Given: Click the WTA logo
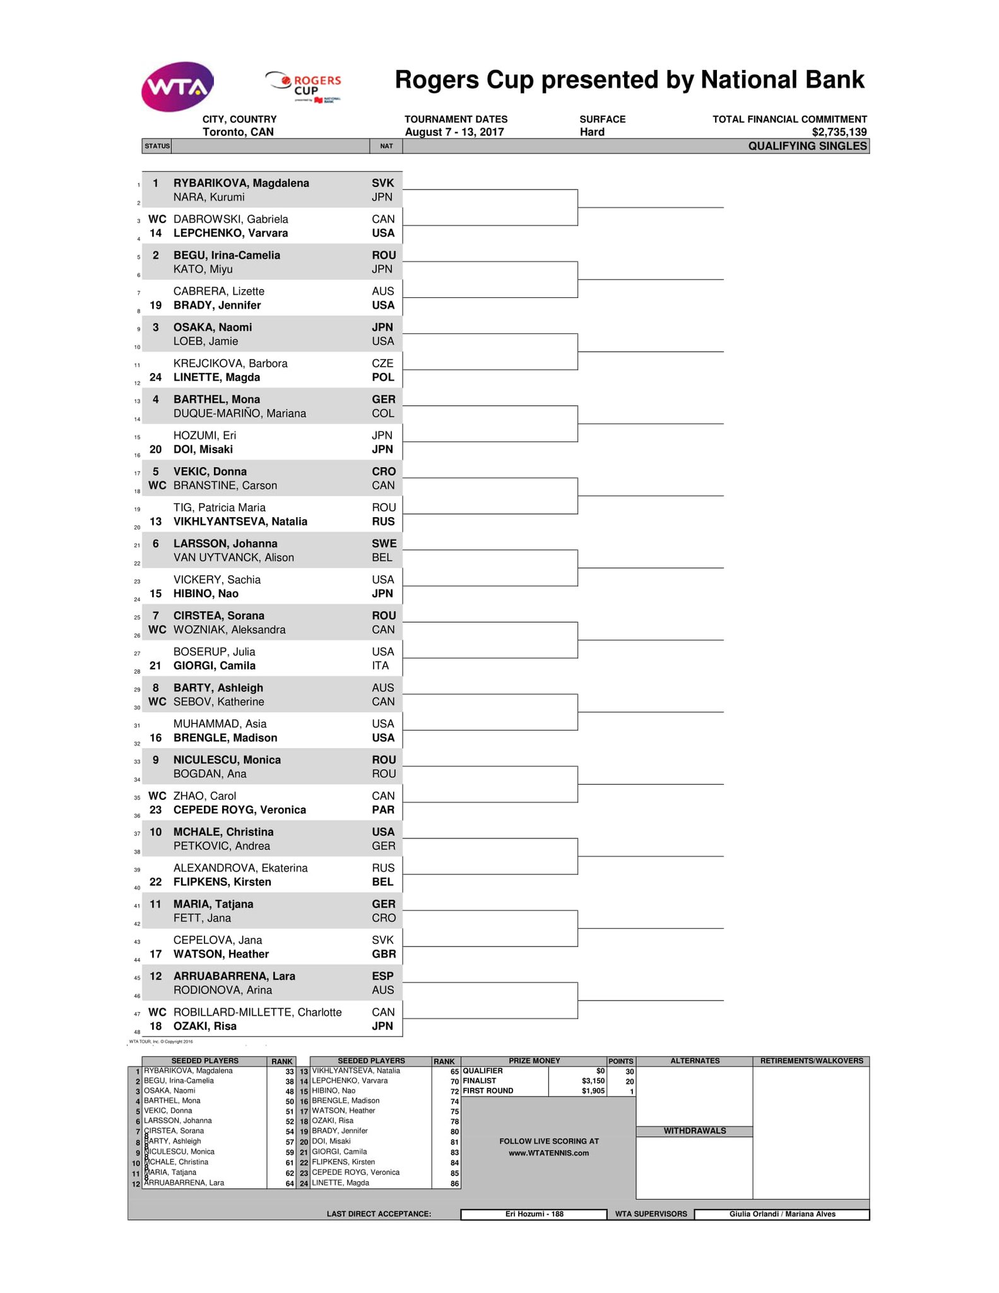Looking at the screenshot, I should tap(177, 86).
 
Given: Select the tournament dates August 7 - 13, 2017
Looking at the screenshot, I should tap(454, 132).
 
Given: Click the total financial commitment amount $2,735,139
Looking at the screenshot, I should tap(839, 132).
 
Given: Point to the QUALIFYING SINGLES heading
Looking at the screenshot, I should tap(807, 146).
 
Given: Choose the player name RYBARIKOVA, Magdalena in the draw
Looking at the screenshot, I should tap(241, 183).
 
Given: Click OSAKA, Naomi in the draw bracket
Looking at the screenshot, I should tap(213, 327).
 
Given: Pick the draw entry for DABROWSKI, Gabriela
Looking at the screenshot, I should tap(230, 219).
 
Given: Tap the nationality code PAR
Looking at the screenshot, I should tap(383, 810).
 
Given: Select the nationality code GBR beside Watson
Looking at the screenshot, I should tap(384, 954).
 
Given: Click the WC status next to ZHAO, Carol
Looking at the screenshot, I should tap(157, 796).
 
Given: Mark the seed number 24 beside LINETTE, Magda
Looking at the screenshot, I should tap(155, 378).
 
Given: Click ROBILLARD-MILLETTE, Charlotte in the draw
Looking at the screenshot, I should tap(257, 1012).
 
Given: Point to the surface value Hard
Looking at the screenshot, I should tap(592, 132).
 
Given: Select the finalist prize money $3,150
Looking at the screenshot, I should tap(593, 1081).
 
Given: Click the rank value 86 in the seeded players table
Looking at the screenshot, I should tap(454, 1184).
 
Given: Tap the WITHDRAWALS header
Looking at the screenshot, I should tap(694, 1131).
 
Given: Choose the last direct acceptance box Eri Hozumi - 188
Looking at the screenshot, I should tap(534, 1214).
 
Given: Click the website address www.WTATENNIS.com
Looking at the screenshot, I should tap(548, 1153).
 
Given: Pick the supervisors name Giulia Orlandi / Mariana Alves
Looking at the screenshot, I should tap(782, 1214).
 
